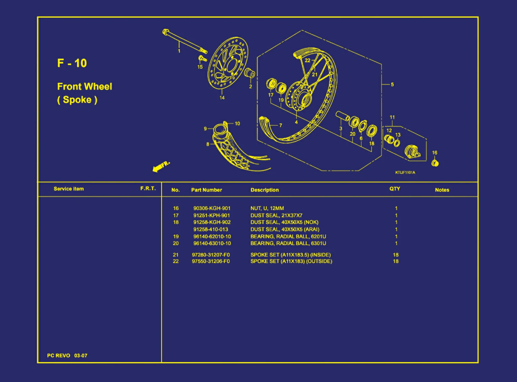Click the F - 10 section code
point(72,63)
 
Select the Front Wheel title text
point(84,87)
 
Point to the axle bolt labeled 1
point(184,41)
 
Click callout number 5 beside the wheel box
point(392,84)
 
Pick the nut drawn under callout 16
point(435,163)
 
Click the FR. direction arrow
point(161,166)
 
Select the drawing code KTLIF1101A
point(405,173)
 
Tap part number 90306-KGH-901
point(212,208)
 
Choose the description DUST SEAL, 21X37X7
point(276,216)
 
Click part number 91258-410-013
point(210,229)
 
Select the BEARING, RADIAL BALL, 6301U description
point(288,243)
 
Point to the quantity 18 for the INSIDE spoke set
point(396,255)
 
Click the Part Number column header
point(206,190)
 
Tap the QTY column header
point(395,189)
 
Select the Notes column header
point(442,190)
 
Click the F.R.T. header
point(148,188)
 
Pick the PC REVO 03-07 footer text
point(67,356)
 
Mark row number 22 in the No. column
point(176,261)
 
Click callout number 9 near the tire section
point(205,129)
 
